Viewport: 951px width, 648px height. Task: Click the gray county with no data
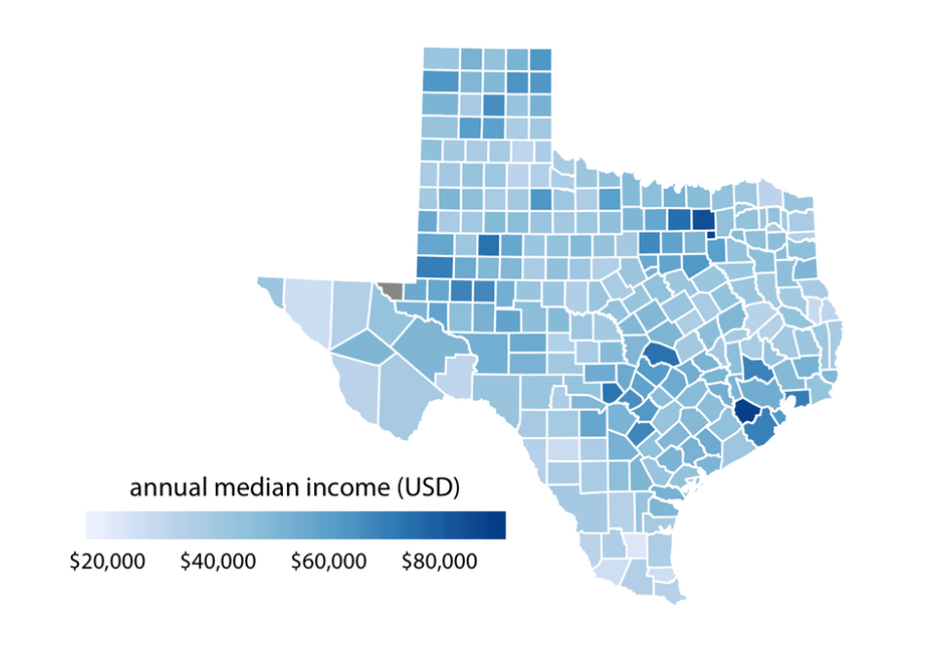[391, 290]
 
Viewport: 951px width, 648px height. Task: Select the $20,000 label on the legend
[107, 562]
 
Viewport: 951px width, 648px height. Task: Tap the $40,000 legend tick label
[218, 562]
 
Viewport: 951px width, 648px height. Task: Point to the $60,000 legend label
[328, 562]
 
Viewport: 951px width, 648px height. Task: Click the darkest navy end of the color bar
[499, 524]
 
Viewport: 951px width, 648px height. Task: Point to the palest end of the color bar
[91, 524]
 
